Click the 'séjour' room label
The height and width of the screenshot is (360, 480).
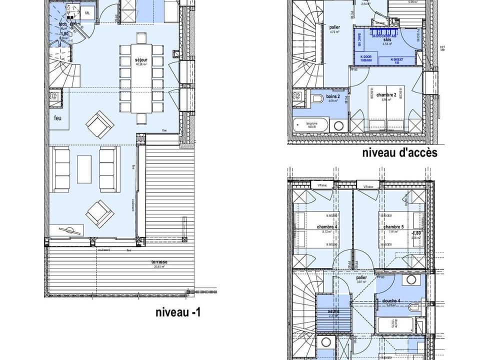[141, 60]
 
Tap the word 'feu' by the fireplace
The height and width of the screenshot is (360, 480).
[59, 118]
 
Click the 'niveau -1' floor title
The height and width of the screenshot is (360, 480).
[178, 313]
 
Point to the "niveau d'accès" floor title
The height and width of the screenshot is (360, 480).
[399, 153]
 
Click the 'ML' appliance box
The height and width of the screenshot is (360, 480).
[87, 12]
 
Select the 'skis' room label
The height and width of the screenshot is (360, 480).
[386, 39]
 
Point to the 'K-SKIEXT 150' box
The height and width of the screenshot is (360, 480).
[397, 59]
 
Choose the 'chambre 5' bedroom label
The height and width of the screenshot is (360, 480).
[393, 226]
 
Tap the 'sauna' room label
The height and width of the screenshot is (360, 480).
[333, 311]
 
